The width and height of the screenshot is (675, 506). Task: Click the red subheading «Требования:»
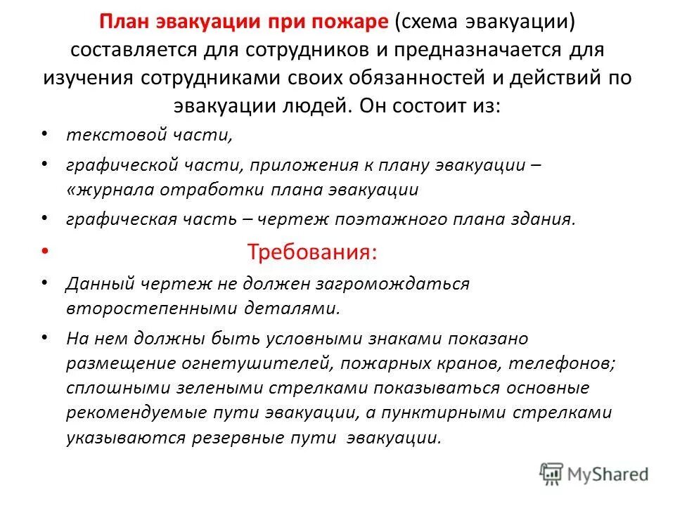(x=312, y=252)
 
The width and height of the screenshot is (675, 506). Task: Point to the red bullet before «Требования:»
(x=45, y=251)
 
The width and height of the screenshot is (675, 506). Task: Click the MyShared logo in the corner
(x=594, y=474)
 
